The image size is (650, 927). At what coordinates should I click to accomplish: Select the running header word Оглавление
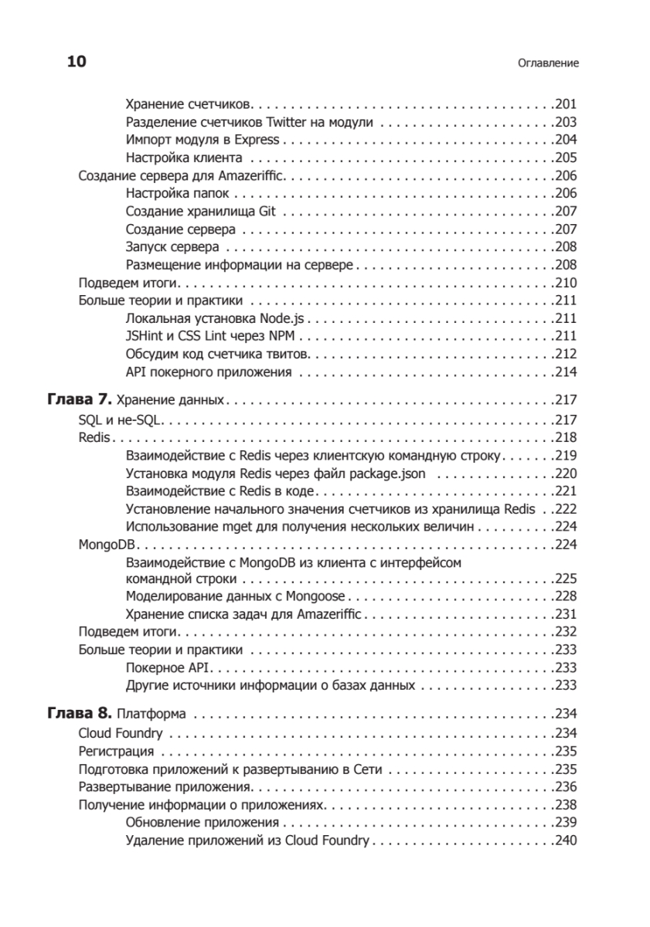click(548, 63)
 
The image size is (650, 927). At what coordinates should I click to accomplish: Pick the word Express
click(259, 140)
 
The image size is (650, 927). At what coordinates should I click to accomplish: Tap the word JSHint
click(142, 336)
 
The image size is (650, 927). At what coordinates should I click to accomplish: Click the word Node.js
click(285, 318)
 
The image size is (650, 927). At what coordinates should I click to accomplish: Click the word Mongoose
click(316, 596)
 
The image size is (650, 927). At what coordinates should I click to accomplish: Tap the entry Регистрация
click(117, 751)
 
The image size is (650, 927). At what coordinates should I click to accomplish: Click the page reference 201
click(567, 104)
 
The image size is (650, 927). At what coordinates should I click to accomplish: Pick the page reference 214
click(567, 372)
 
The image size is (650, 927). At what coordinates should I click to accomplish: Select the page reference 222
click(567, 509)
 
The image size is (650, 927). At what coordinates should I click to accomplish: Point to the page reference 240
click(567, 840)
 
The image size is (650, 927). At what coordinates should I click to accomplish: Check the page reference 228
click(567, 596)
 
